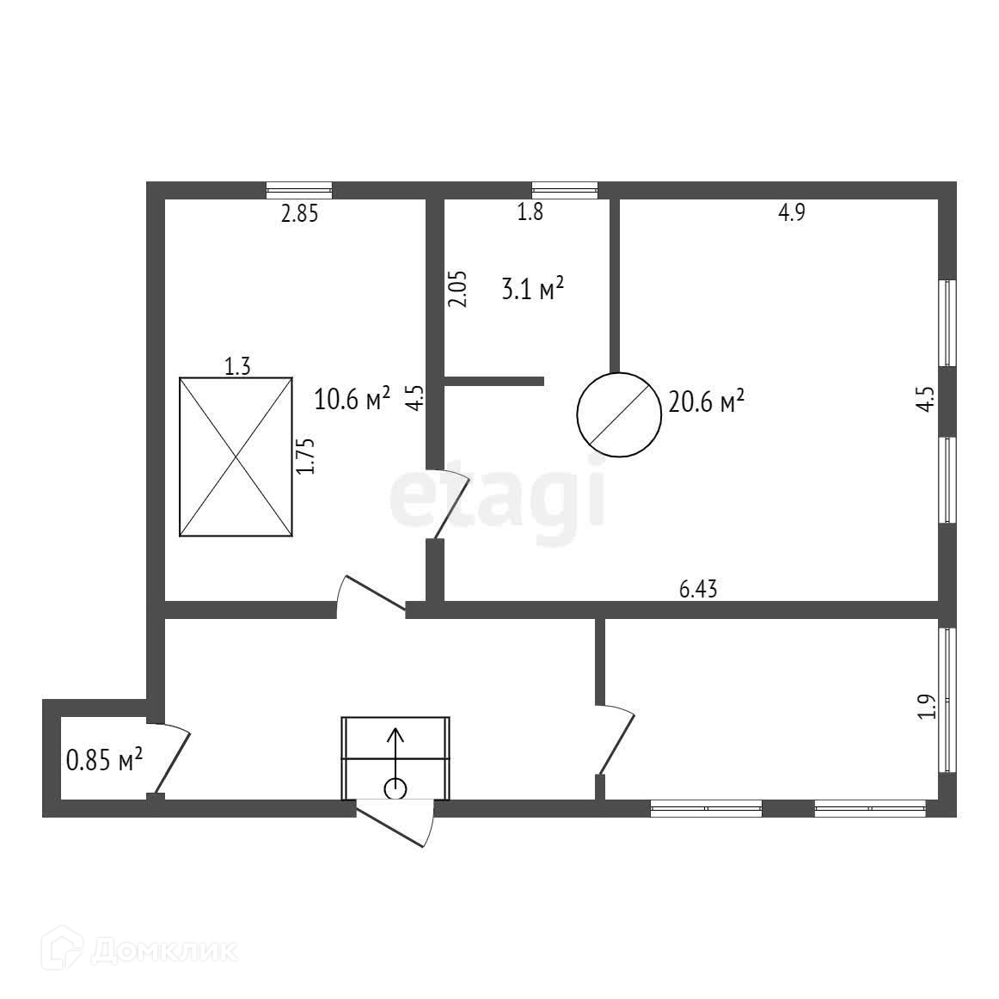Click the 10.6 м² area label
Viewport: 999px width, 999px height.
pos(352,399)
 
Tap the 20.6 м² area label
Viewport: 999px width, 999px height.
pos(706,401)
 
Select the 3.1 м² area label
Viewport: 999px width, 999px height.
pos(532,289)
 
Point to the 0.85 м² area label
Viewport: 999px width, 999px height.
pos(104,760)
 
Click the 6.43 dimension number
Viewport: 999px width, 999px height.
pos(698,589)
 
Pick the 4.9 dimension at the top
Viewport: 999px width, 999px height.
pos(791,213)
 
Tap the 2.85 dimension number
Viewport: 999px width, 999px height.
pos(300,214)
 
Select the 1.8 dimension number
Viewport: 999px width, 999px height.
pos(530,212)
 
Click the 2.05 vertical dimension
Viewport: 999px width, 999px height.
pos(458,289)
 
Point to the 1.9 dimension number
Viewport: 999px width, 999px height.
pos(926,706)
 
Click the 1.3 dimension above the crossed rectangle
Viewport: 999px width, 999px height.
pos(237,367)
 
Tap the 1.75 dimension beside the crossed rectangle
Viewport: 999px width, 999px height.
pos(306,456)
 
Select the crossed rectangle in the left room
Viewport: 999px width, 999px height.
pos(236,457)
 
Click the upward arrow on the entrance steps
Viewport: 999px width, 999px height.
pos(395,752)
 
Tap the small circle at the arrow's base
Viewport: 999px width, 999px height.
pos(395,788)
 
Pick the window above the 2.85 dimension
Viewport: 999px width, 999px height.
pos(299,191)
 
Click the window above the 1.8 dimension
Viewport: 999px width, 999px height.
pos(565,191)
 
